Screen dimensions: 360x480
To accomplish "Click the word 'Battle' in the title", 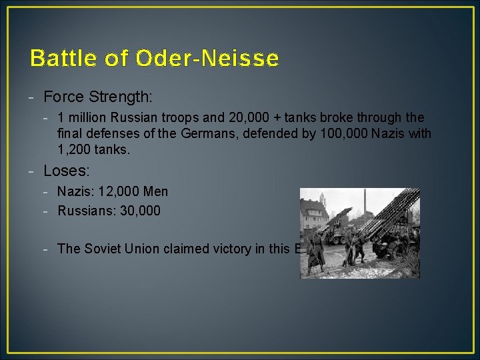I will coord(59,59).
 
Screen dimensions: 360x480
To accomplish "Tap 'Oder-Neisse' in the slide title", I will coord(207,59).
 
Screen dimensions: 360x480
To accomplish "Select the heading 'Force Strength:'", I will coord(98,97).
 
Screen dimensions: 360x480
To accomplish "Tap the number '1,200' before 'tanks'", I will coord(75,150).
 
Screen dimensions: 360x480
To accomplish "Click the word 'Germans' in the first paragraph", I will coord(203,134).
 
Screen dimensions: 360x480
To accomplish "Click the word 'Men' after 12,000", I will coord(156,192).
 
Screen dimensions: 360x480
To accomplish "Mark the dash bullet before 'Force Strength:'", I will coord(32,97).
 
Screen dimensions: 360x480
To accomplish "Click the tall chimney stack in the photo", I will coord(365,207).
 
